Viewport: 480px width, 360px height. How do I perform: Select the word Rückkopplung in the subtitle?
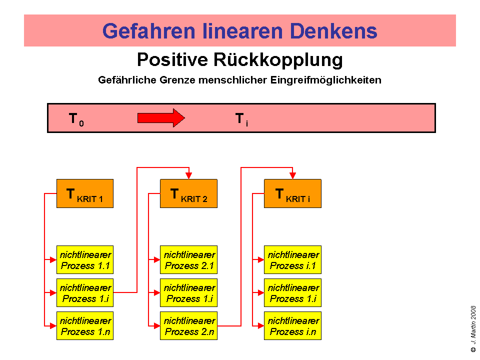pos(278,60)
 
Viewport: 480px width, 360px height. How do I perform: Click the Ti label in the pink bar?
pos(241,119)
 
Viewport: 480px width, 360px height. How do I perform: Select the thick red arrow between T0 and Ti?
pos(161,118)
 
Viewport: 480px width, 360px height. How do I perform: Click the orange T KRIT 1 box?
pos(85,193)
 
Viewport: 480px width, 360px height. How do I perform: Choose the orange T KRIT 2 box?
pos(188,193)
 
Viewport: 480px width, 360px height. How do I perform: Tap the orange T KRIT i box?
pos(292,193)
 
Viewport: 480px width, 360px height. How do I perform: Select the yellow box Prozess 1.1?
pos(85,260)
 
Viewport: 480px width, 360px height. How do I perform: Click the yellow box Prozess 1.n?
pos(85,326)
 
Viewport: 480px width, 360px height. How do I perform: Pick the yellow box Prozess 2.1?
pos(188,260)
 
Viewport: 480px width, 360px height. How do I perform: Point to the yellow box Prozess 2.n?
pos(188,326)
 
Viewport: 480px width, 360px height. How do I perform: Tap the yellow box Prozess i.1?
pos(292,260)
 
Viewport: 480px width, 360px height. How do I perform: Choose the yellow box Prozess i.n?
pos(292,326)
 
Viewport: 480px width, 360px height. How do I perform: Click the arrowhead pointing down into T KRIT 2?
pos(188,175)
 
